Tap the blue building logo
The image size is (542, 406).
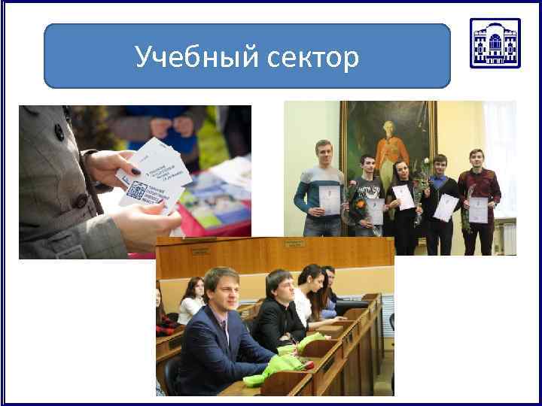(x=495, y=43)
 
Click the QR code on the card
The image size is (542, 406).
(x=137, y=190)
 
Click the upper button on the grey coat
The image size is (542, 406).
(x=59, y=132)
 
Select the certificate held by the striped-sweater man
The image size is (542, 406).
(x=330, y=199)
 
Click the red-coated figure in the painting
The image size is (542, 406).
(x=385, y=143)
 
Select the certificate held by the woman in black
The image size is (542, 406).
(x=403, y=198)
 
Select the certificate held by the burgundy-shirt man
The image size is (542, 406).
(x=480, y=208)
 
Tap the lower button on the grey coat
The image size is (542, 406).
(x=78, y=201)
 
